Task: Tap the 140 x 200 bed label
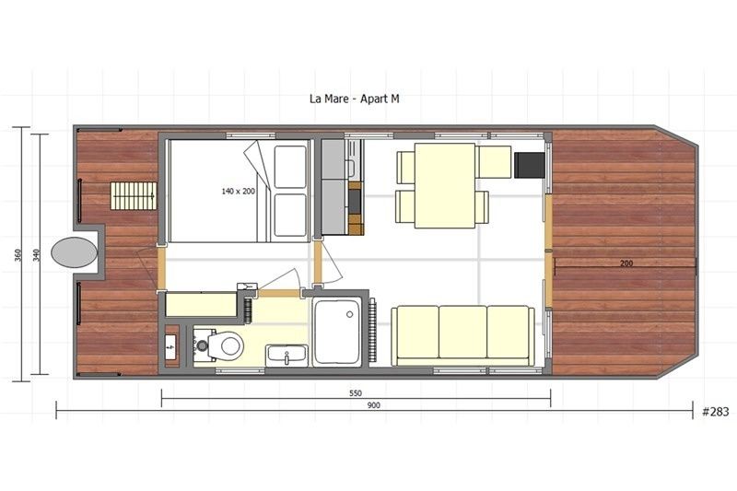click(x=238, y=192)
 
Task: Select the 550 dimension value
click(x=355, y=392)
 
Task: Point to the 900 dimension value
click(x=373, y=405)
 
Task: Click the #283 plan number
click(x=715, y=412)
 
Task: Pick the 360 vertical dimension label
click(x=18, y=255)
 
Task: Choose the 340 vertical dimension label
click(x=38, y=255)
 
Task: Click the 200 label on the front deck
click(x=626, y=263)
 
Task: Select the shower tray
click(x=338, y=332)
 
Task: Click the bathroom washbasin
click(x=287, y=354)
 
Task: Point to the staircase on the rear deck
click(x=132, y=195)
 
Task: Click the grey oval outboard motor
click(x=74, y=252)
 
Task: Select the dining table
click(x=444, y=184)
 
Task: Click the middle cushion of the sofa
click(x=462, y=333)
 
